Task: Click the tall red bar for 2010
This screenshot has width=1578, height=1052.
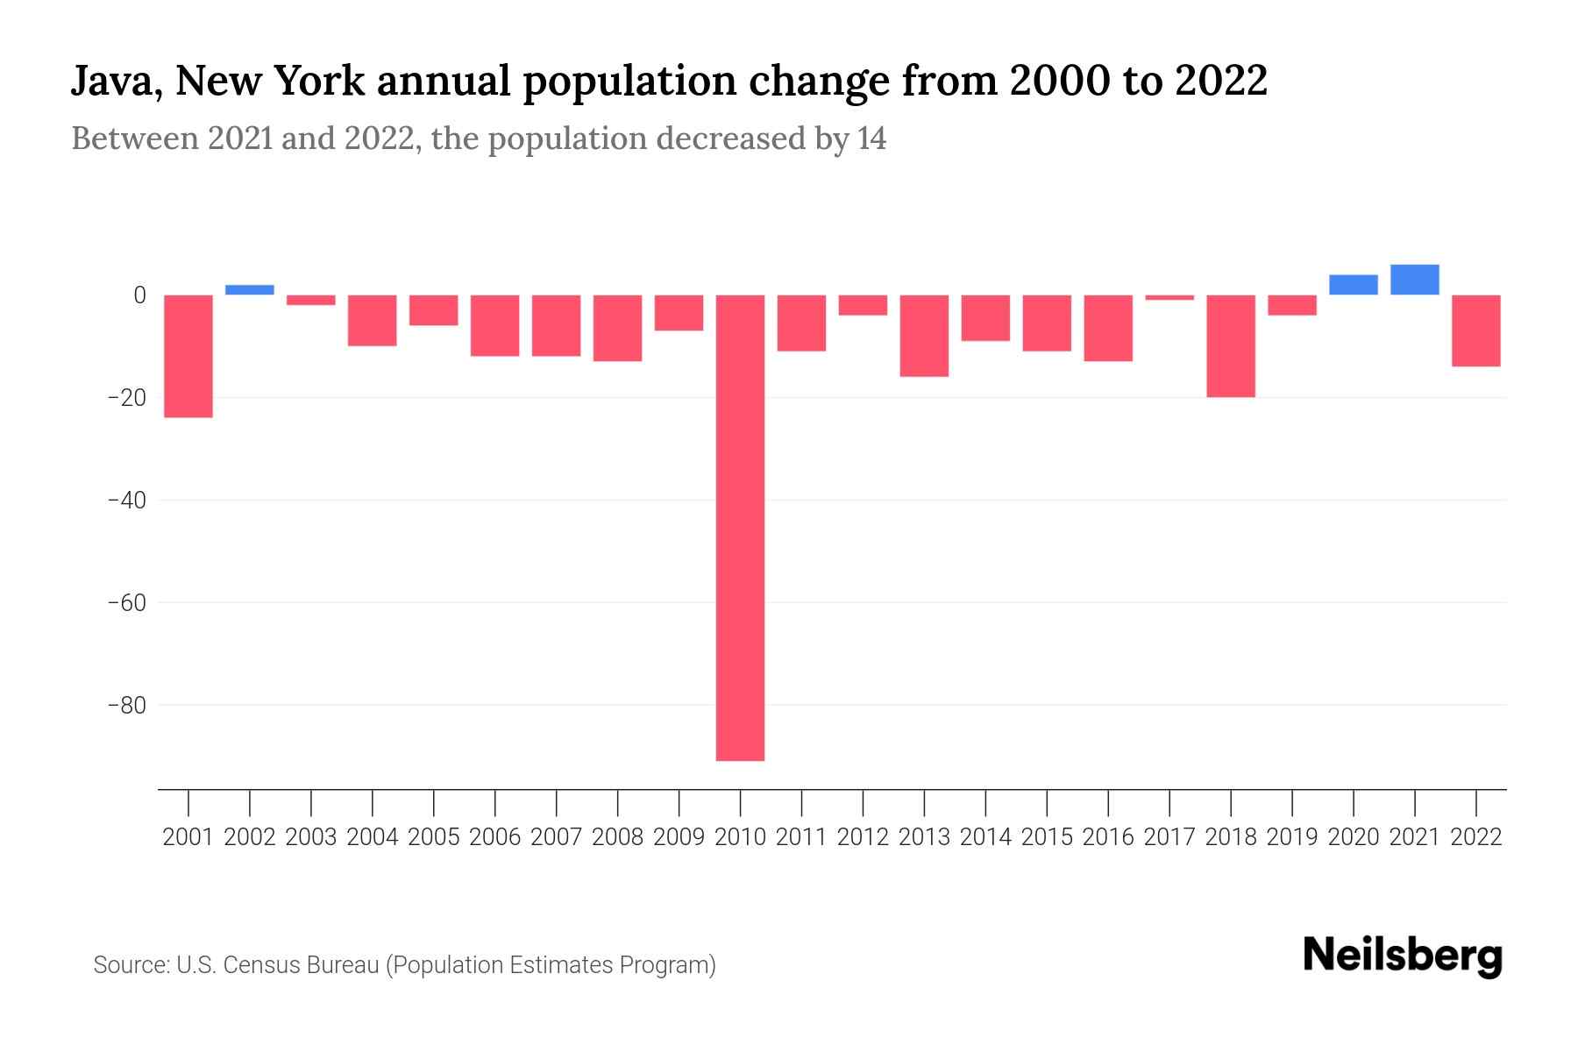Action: pyautogui.click(x=740, y=527)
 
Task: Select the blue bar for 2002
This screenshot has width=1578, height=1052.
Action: pyautogui.click(x=250, y=289)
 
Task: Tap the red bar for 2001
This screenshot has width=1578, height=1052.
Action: pyautogui.click(x=188, y=356)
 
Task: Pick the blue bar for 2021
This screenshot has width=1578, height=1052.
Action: pyautogui.click(x=1414, y=280)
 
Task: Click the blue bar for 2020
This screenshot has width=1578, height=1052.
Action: pyautogui.click(x=1353, y=285)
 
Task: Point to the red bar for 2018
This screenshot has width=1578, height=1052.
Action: pyautogui.click(x=1230, y=345)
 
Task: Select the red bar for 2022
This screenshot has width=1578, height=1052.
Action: pyautogui.click(x=1475, y=331)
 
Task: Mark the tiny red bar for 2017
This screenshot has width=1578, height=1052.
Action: pyautogui.click(x=1169, y=298)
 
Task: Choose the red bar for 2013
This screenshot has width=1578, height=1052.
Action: pyautogui.click(x=924, y=336)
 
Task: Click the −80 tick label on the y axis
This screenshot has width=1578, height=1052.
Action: pyautogui.click(x=126, y=705)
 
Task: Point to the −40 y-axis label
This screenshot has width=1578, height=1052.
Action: pyautogui.click(x=126, y=500)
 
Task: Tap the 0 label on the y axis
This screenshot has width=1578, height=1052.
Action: pyautogui.click(x=139, y=295)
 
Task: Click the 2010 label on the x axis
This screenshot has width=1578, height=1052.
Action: pyautogui.click(x=740, y=837)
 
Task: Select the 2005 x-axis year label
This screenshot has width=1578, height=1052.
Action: pyautogui.click(x=434, y=837)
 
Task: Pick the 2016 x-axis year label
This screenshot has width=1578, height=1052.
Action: pyautogui.click(x=1108, y=837)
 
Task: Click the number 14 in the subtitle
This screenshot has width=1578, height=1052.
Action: pyautogui.click(x=871, y=139)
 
